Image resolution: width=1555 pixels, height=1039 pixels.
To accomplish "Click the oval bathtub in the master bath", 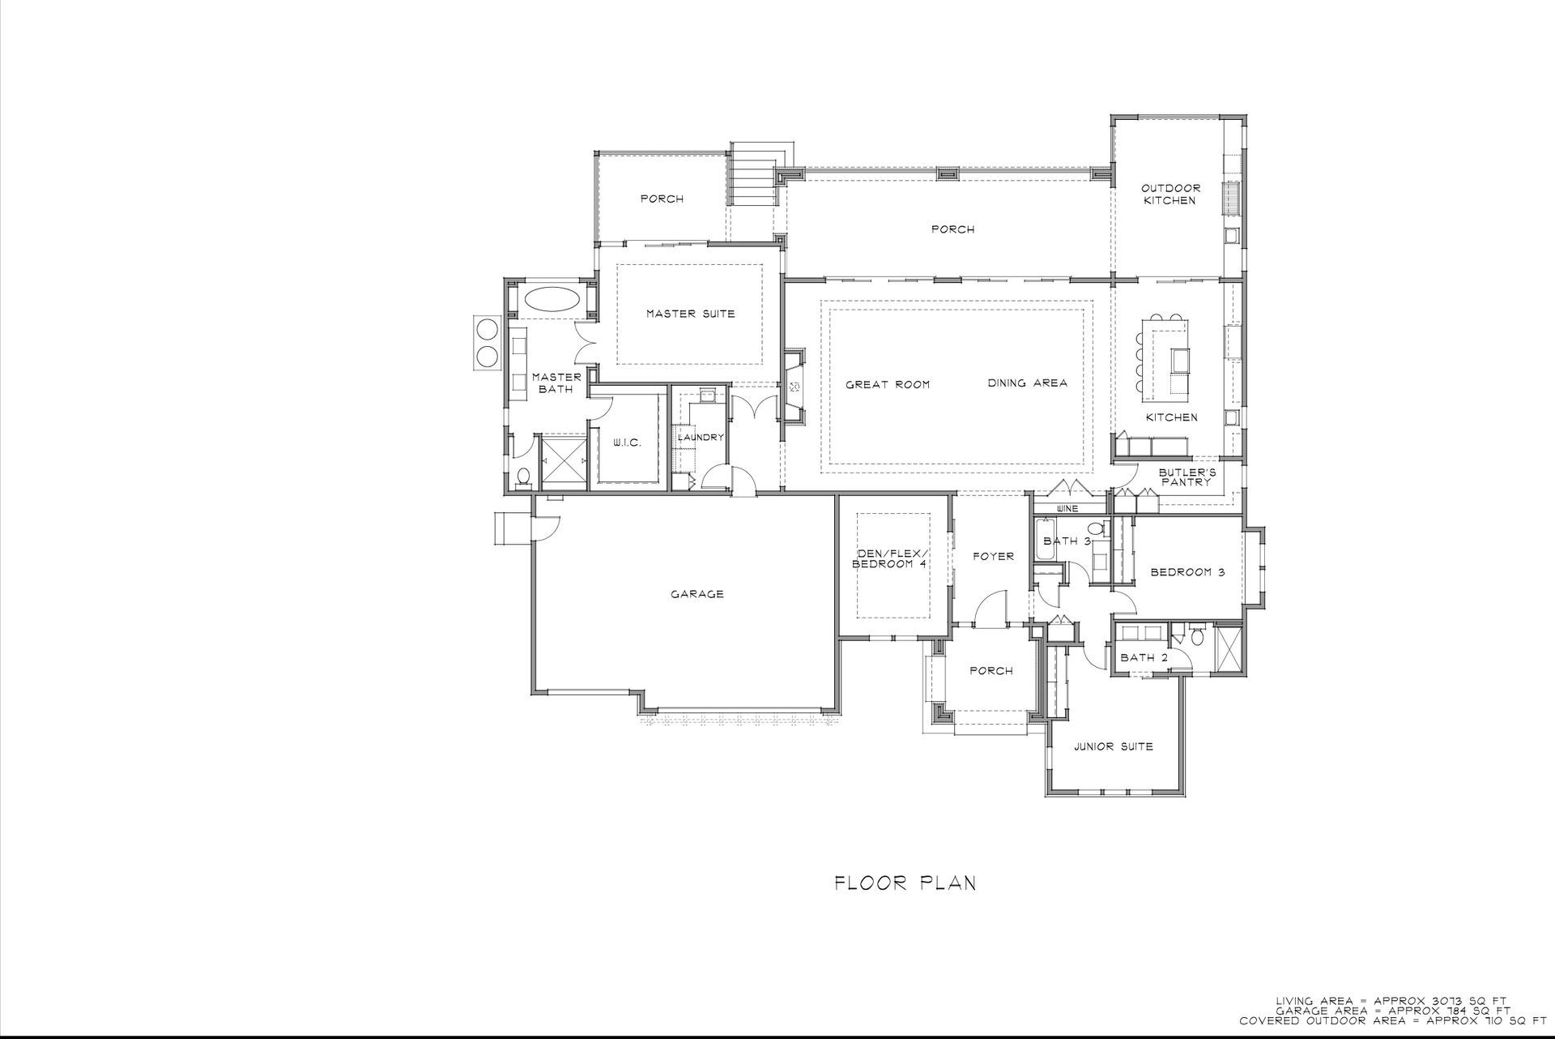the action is (552, 297).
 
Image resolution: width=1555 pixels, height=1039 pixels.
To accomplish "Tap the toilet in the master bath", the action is (523, 477).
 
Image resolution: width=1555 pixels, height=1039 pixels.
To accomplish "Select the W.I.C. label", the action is (627, 443).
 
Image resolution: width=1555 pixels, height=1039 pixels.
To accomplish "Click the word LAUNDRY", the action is (701, 438).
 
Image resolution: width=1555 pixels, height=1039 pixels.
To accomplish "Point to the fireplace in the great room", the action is (794, 387).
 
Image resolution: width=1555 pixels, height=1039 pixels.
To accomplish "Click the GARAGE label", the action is (697, 594).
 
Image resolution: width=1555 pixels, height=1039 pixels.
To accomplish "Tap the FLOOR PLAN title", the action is (905, 883).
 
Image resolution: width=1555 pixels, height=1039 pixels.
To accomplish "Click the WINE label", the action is (1068, 509).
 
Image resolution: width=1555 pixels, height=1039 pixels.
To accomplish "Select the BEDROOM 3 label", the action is (1187, 572).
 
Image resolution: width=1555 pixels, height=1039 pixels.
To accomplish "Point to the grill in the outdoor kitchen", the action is (1231, 199).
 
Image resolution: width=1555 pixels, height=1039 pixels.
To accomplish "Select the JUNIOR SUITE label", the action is (1114, 746).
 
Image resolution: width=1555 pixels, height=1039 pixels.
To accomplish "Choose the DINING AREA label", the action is (1027, 383).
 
